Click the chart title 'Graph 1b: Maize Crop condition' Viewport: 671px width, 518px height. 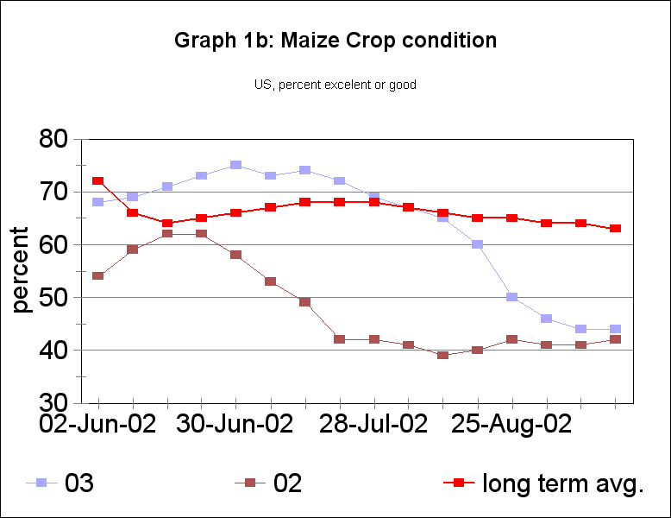click(335, 41)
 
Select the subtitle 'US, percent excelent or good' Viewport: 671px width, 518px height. click(335, 85)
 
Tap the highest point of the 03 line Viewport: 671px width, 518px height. click(236, 165)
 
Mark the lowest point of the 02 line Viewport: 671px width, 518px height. click(443, 355)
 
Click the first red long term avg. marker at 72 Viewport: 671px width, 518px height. click(98, 181)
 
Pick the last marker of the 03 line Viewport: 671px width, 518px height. click(615, 329)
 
